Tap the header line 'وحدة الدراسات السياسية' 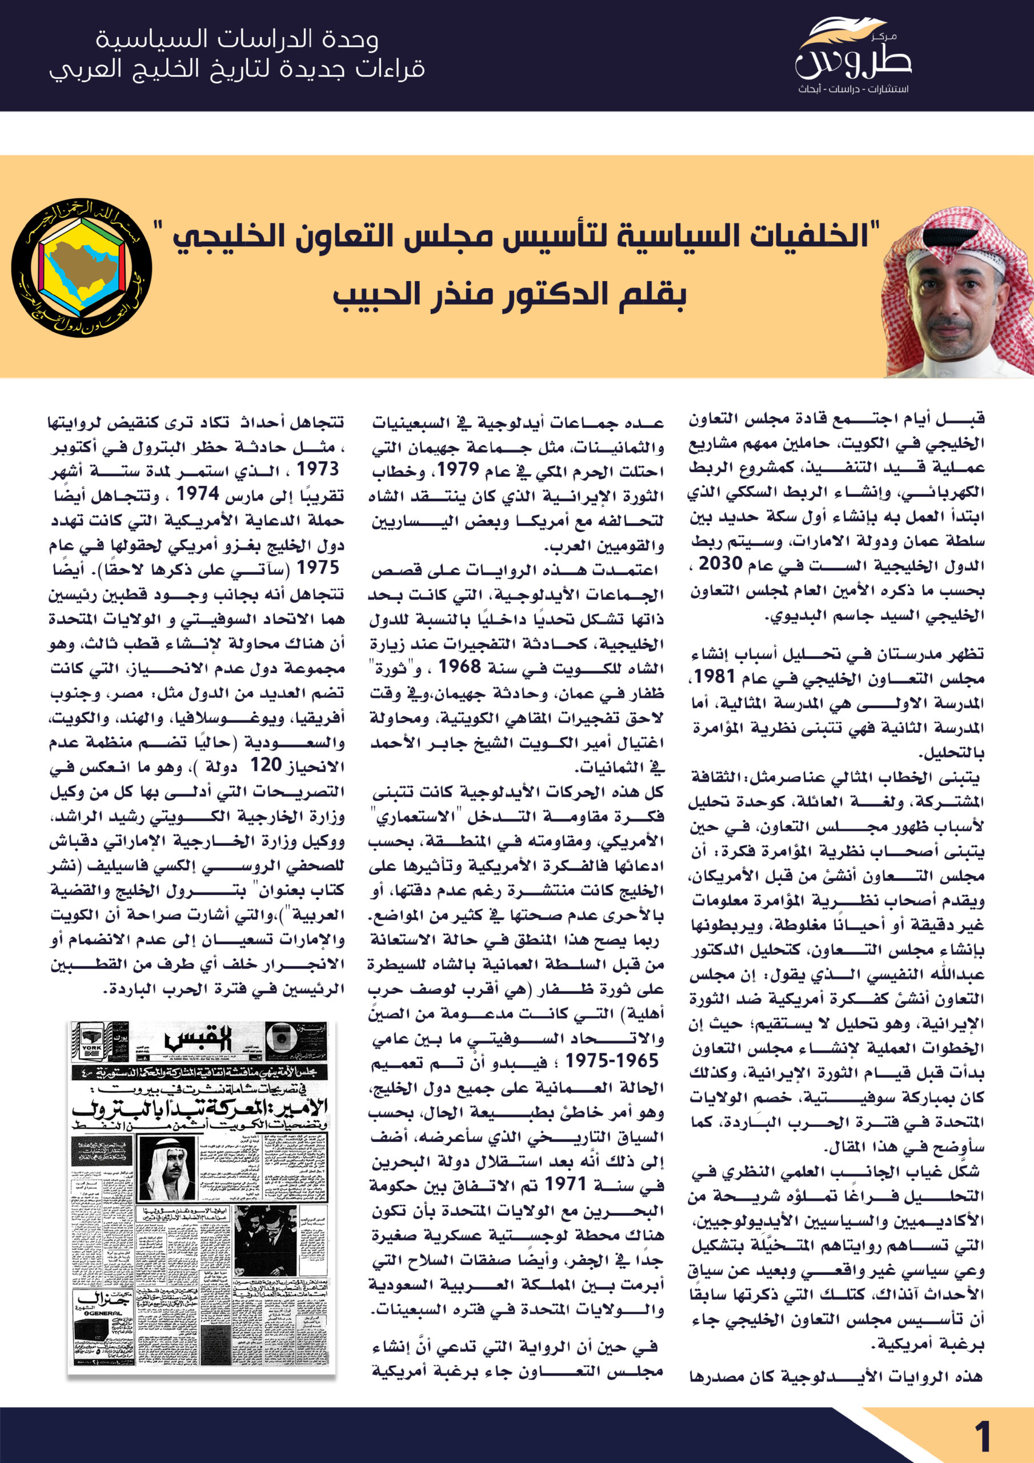[237, 39]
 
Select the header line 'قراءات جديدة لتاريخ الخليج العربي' [237, 69]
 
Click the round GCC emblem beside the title [82, 267]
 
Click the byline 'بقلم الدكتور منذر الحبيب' [509, 295]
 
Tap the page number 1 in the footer [983, 1437]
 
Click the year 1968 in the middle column [459, 666]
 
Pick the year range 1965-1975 [612, 1060]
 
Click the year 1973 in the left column [317, 469]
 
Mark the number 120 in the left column [266, 765]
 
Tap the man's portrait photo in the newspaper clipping [166, 1169]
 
